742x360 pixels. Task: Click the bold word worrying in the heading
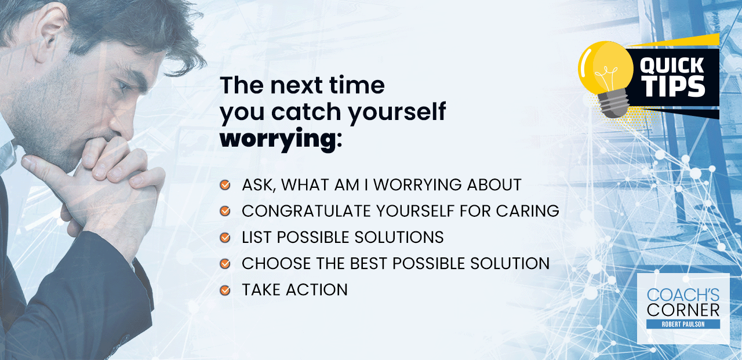click(278, 139)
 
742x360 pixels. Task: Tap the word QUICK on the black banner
click(672, 66)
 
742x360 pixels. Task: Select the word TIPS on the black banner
click(674, 86)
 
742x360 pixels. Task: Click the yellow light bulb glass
click(606, 67)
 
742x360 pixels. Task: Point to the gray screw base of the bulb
click(614, 103)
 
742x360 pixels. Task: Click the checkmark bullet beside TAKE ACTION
click(225, 290)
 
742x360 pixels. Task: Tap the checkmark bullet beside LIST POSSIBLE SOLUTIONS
click(225, 238)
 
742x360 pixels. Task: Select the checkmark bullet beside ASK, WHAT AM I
click(225, 185)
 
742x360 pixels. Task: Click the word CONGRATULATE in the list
click(306, 211)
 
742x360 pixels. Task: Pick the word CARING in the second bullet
click(528, 211)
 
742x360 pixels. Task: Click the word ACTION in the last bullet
click(317, 290)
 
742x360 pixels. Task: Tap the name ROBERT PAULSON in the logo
click(683, 324)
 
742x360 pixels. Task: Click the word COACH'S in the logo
click(683, 295)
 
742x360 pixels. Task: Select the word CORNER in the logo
click(683, 310)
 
